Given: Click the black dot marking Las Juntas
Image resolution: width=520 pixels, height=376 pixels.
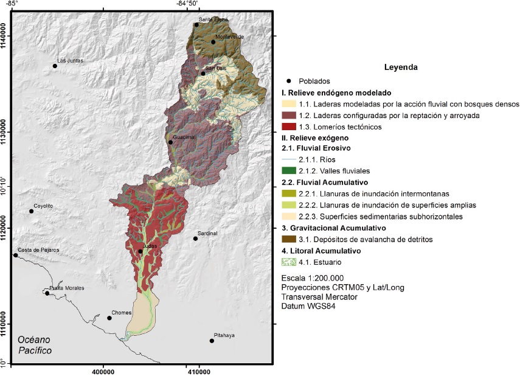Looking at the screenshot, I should (x=55, y=66).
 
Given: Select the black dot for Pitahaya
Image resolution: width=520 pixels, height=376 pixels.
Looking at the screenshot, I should (x=212, y=341).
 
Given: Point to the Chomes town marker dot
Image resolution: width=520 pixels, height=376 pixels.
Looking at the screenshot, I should (x=109, y=318).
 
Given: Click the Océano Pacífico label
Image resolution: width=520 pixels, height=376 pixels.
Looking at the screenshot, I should (x=35, y=345).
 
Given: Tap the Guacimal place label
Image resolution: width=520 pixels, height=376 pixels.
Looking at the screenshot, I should (x=185, y=138).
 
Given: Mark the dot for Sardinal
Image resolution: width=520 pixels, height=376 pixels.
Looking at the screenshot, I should (x=195, y=238).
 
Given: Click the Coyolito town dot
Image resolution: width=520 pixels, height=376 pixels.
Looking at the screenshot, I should (x=31, y=211).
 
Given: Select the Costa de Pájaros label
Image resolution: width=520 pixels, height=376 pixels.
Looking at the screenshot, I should (x=35, y=250).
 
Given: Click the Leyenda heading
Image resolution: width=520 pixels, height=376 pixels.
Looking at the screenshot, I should (x=400, y=67).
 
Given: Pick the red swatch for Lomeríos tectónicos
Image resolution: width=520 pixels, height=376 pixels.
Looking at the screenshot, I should (x=288, y=127).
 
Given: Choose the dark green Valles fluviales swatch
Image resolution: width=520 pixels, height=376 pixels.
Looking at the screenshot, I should (x=288, y=171).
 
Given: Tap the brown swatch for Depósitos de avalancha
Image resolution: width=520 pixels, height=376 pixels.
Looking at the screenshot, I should (x=288, y=240).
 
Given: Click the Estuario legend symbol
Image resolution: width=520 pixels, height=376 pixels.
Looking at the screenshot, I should (x=288, y=262).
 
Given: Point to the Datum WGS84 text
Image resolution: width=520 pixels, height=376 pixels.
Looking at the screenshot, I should (x=308, y=306).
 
